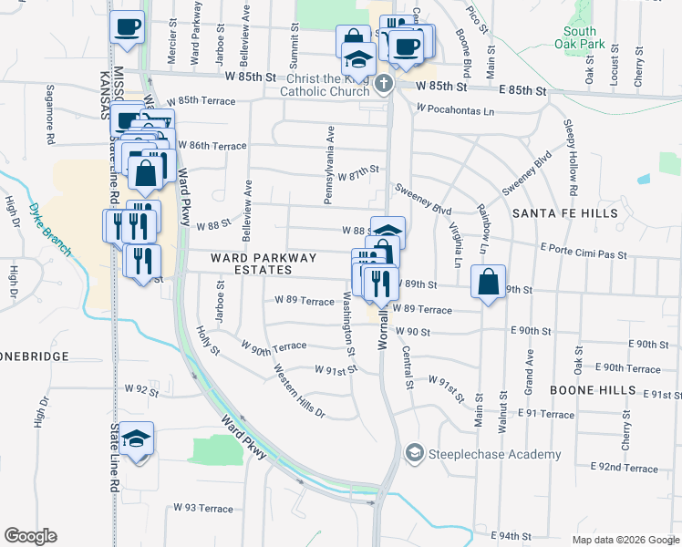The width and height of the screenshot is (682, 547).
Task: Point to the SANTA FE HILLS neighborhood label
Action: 564,213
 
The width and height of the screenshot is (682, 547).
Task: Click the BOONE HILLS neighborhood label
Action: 593,389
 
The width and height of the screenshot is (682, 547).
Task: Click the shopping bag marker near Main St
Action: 489,283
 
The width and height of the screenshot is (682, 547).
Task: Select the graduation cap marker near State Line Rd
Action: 136,440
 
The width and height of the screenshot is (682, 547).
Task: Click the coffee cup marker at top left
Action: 127,26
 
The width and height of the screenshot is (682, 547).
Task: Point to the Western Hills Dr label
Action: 300,391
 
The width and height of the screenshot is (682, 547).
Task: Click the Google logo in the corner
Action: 30,536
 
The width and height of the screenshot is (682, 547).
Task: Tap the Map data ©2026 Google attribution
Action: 625,540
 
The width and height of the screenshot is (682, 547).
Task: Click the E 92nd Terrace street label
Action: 625,468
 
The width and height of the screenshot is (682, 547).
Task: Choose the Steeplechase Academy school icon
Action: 414,453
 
